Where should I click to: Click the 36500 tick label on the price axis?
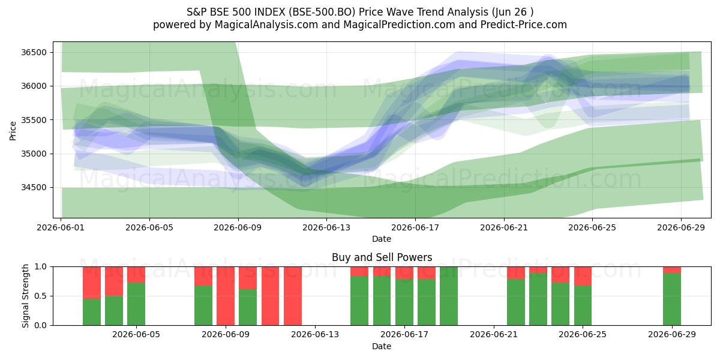[34, 52]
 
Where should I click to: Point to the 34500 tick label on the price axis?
[34, 187]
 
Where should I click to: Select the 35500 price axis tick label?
[34, 120]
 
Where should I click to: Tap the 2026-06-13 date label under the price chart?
[326, 227]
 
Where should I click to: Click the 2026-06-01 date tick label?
[61, 227]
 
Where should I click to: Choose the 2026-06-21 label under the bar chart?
[494, 334]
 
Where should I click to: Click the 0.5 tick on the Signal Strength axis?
[41, 296]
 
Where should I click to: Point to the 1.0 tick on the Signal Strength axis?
[41, 266]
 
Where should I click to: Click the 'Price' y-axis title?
[13, 131]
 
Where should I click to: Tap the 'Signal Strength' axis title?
[25, 296]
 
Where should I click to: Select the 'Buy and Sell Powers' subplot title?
[382, 257]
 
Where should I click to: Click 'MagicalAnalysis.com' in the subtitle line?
[266, 25]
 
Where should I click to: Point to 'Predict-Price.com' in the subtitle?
[524, 25]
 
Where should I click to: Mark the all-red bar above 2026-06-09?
[226, 296]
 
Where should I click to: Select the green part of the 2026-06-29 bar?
[672, 299]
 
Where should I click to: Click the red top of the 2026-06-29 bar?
[672, 269]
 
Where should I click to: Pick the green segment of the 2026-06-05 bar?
[136, 304]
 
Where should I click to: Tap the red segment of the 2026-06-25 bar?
[583, 276]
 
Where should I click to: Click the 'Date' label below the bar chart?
[382, 346]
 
